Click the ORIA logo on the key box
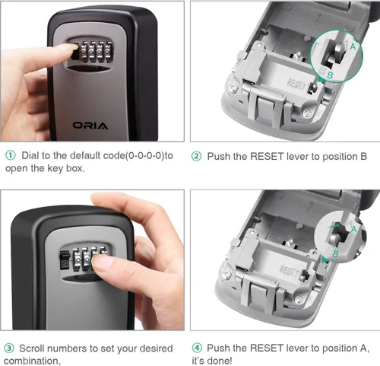tap(90, 126)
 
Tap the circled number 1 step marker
tap(11, 155)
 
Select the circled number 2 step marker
tap(196, 157)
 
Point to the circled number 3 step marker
tap(9, 348)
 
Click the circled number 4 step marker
tap(197, 348)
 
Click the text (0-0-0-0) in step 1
tap(145, 155)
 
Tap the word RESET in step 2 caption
tap(267, 157)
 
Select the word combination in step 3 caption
tap(32, 361)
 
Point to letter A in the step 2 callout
tap(353, 46)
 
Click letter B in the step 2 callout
tap(330, 75)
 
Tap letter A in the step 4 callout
tap(353, 229)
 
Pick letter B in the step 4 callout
tap(335, 253)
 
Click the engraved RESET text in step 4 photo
tap(289, 271)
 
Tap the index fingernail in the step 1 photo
tap(71, 46)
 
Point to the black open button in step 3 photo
tap(65, 259)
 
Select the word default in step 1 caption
tap(85, 155)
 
